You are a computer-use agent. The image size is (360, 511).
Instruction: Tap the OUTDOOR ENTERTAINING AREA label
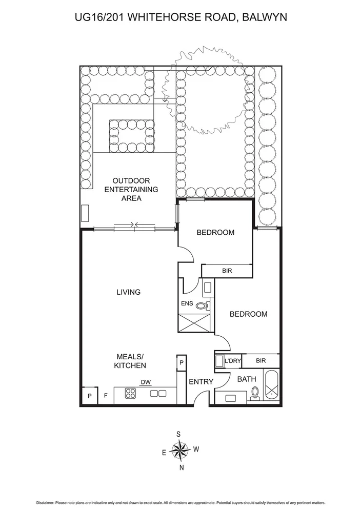131,189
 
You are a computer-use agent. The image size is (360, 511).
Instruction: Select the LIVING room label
128,292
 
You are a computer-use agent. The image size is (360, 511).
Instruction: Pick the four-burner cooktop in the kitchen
130,394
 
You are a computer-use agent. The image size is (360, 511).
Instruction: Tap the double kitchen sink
158,394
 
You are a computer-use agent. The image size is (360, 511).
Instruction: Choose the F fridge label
106,396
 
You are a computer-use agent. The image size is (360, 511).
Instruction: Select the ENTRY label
201,382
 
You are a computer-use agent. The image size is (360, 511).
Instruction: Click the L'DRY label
232,361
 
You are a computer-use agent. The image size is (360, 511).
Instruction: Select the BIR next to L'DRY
261,361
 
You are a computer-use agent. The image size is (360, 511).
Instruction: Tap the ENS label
187,303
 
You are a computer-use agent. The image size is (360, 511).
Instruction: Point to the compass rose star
179,451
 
